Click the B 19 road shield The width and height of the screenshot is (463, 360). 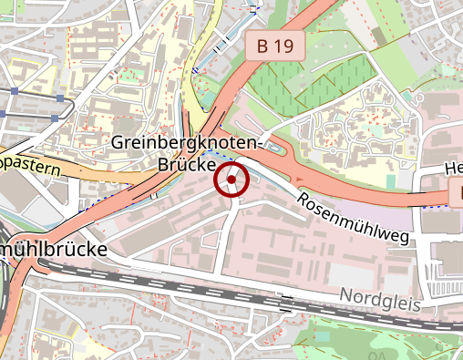coord(274,46)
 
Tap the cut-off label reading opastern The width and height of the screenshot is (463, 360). coord(30,164)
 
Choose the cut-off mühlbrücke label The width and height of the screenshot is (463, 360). coord(55,249)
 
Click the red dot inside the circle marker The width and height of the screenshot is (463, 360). coord(232,180)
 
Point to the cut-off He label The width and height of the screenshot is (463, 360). coord(453,168)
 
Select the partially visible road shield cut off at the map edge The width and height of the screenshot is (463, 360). coord(457,192)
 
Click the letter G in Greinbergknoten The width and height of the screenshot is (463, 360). coord(118,144)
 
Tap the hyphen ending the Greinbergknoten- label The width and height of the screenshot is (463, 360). coord(259,144)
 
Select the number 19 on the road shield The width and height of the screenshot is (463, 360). coord(283,46)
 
